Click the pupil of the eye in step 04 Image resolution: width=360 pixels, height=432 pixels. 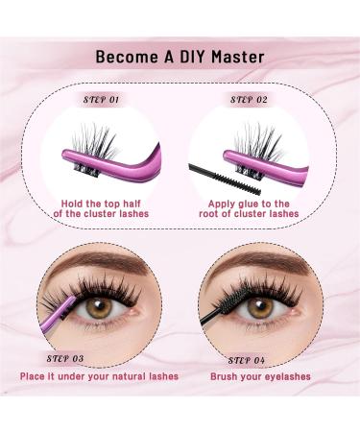click(260, 307)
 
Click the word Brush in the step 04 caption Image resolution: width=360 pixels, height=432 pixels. click(228, 375)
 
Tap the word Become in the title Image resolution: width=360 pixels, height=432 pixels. click(125, 57)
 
